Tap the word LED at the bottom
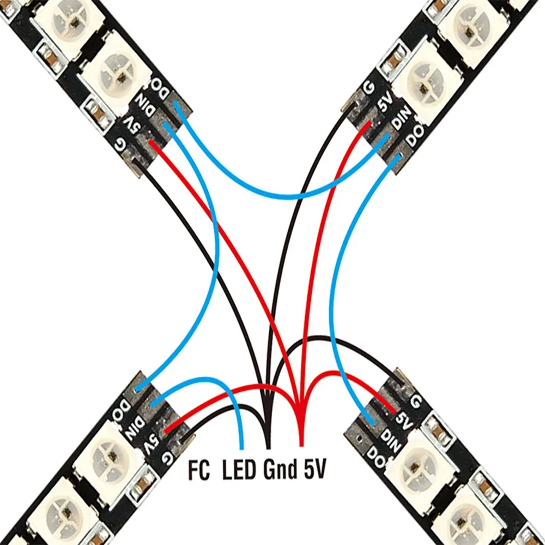239,470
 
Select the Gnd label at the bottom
278,470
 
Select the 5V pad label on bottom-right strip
404,419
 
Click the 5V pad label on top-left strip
132,125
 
